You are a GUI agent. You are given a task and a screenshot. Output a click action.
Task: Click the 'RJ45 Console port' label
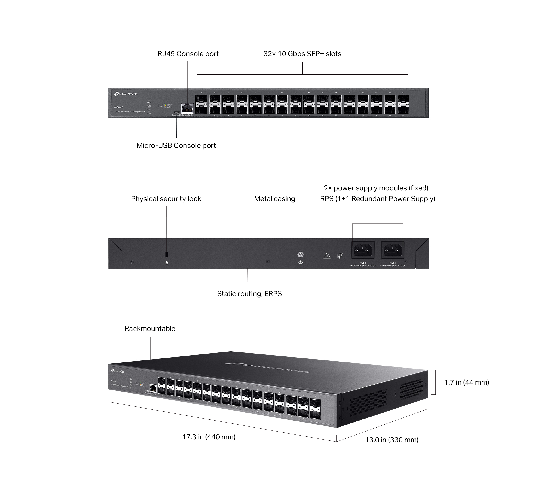[188, 54]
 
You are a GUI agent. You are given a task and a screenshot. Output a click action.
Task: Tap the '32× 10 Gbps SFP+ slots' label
[302, 54]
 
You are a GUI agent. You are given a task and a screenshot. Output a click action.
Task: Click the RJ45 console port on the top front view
[187, 108]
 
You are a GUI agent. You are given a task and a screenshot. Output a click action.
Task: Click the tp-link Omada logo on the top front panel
[126, 94]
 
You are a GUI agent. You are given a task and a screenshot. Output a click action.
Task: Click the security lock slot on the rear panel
[166, 254]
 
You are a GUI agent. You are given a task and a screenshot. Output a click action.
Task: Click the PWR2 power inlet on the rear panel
[363, 250]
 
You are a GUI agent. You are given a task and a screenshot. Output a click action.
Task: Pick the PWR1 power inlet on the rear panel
[392, 250]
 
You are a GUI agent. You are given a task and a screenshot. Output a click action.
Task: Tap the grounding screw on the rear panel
[300, 254]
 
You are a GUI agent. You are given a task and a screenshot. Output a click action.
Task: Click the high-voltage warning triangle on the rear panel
[327, 255]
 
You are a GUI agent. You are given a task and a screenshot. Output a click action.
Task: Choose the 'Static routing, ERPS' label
[249, 294]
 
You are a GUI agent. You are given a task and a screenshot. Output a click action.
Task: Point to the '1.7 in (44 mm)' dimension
[466, 382]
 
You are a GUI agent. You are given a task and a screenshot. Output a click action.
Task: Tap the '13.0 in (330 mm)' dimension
[392, 440]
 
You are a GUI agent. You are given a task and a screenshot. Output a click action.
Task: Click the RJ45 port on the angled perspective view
[153, 388]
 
